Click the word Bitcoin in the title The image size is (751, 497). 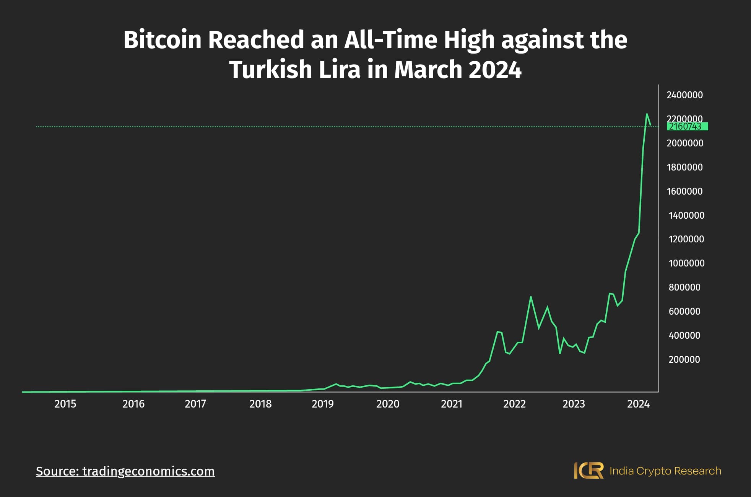[162, 40]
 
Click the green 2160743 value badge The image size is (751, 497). [687, 127]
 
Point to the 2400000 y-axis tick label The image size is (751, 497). [684, 95]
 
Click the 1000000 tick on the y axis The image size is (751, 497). [686, 263]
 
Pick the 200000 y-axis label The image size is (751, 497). [684, 359]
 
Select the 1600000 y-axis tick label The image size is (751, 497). [684, 191]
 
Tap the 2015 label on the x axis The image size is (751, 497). [65, 404]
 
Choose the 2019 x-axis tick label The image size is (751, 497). [322, 404]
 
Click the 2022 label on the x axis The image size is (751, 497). [514, 404]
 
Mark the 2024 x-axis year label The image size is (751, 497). [638, 404]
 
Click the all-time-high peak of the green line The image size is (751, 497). [647, 114]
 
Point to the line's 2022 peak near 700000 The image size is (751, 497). [531, 297]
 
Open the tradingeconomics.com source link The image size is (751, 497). [125, 471]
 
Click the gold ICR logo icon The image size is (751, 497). [588, 471]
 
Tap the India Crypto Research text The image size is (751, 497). [665, 471]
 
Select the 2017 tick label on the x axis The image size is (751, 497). [195, 404]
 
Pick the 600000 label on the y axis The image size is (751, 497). [684, 311]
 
